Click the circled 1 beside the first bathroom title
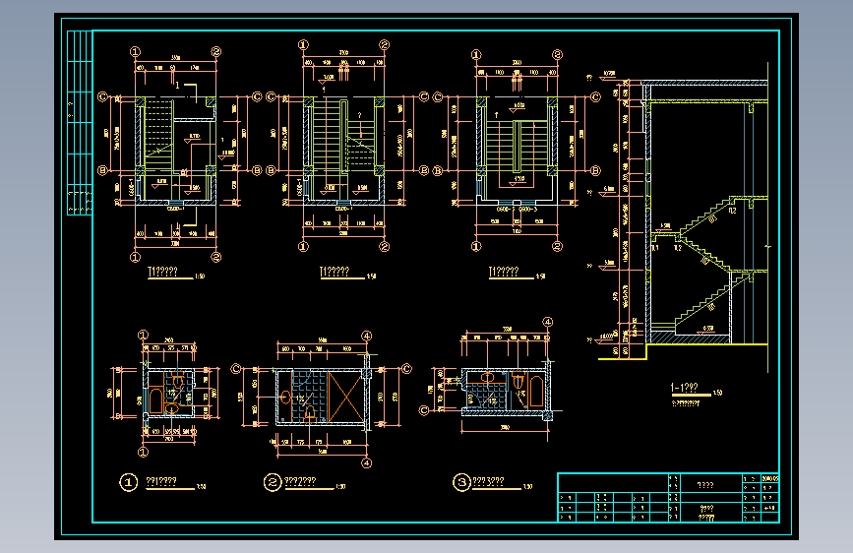click(x=128, y=482)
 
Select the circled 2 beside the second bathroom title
click(x=272, y=482)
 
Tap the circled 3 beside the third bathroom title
click(x=461, y=482)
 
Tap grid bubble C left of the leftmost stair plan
click(x=102, y=96)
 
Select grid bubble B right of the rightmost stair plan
click(x=596, y=170)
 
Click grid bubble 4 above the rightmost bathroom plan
click(x=547, y=321)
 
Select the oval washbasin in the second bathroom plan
click(x=286, y=398)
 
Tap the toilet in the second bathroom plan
click(x=310, y=414)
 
